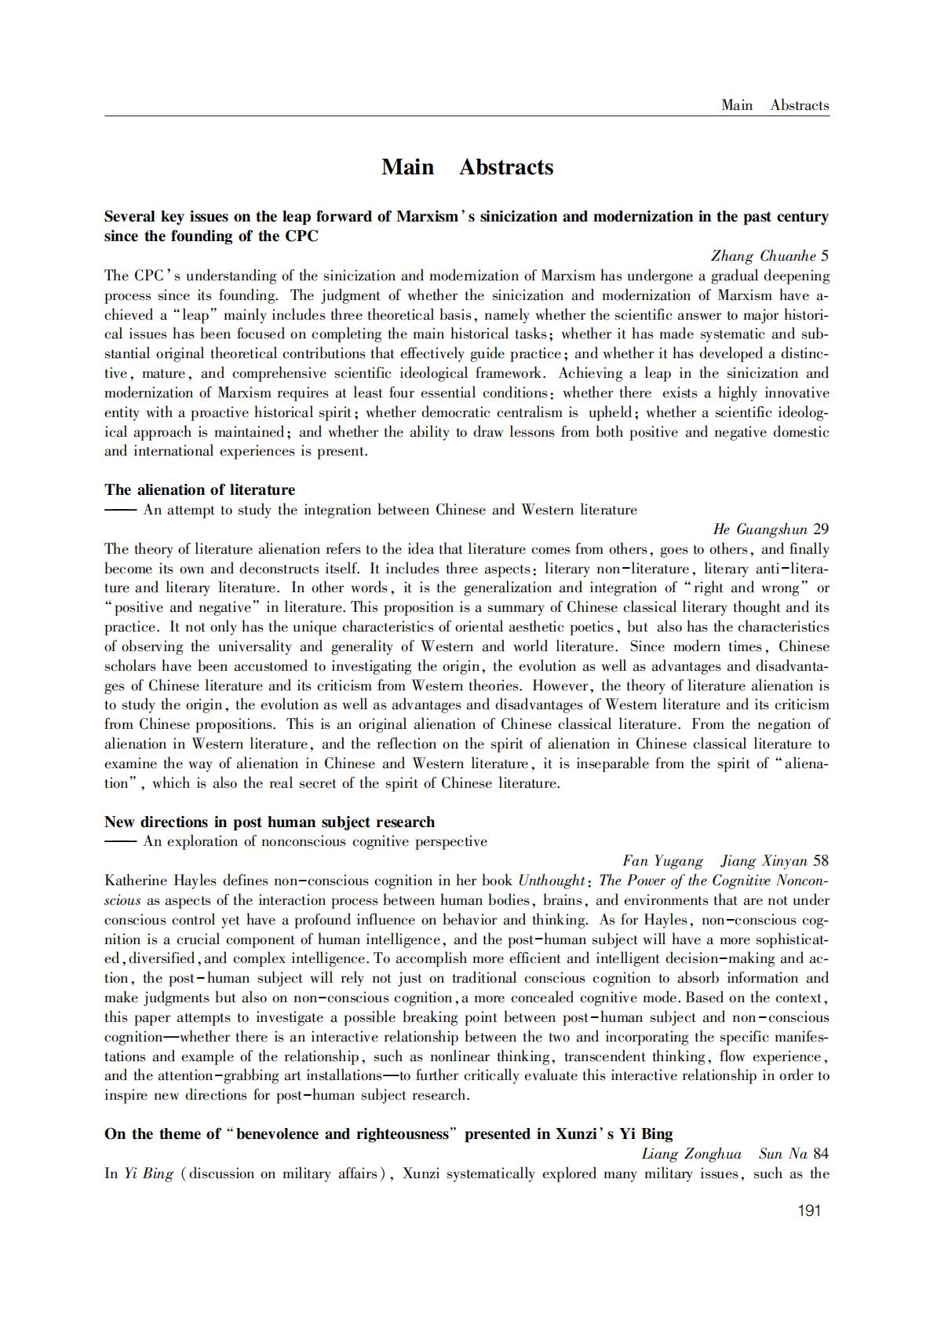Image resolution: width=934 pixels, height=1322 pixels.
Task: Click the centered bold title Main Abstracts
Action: click(x=467, y=167)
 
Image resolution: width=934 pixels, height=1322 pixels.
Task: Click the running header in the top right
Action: click(x=775, y=105)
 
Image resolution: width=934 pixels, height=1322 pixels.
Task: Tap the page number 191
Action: click(x=808, y=1210)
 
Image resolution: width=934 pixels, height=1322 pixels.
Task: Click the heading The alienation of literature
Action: click(x=199, y=490)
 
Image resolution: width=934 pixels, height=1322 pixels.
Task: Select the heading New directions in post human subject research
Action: click(x=269, y=822)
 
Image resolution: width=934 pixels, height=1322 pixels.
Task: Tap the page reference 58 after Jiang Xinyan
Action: click(x=821, y=861)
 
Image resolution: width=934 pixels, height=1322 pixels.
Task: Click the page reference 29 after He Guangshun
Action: click(x=821, y=529)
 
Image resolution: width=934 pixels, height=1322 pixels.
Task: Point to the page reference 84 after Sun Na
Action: click(x=821, y=1154)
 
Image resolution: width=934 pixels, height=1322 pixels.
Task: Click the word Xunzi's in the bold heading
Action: click(x=582, y=1134)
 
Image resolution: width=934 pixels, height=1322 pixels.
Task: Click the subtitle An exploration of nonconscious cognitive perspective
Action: click(x=315, y=842)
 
